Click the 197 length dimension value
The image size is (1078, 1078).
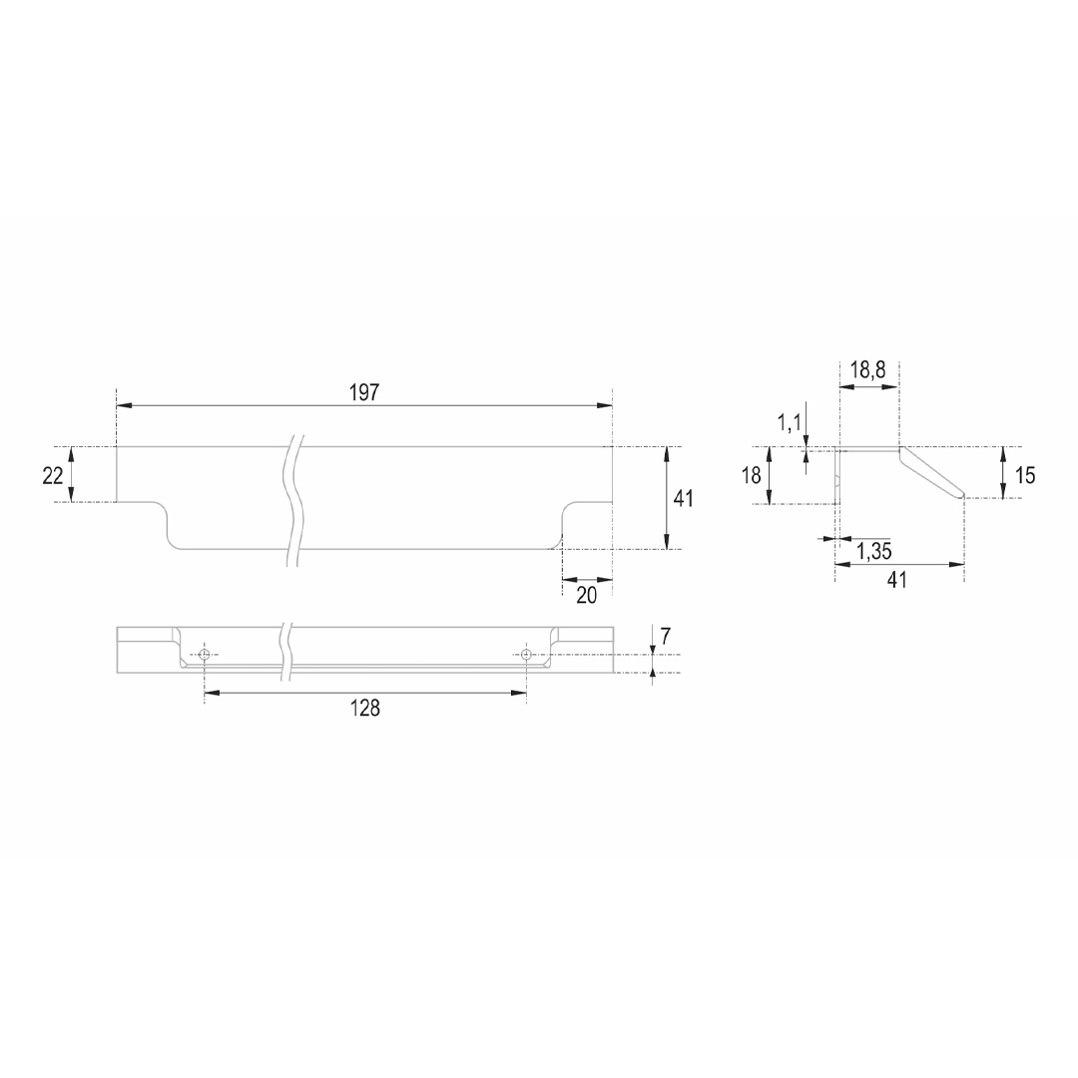pos(364,392)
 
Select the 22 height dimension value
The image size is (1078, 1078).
pos(53,475)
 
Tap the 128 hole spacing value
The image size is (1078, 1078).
pos(365,708)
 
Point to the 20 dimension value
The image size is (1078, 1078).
pos(587,595)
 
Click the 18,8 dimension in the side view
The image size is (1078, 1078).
pos(867,370)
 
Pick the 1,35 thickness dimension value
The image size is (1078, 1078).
pos(874,551)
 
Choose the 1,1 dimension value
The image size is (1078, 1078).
pos(790,423)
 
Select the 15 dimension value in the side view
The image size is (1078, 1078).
pos(1025,475)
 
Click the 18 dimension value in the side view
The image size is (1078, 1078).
pos(752,475)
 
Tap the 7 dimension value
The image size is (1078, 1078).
pos(665,637)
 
